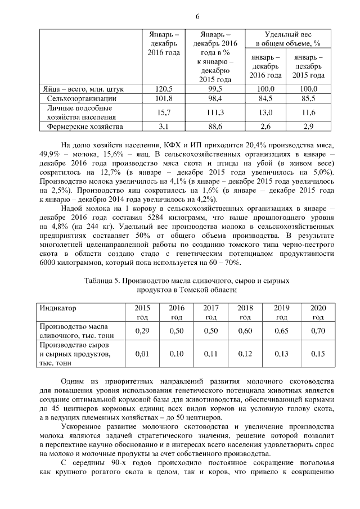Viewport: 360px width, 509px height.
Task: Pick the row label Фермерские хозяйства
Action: pyautogui.click(x=84, y=126)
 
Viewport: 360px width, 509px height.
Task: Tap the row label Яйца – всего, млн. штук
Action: pyautogui.click(x=83, y=89)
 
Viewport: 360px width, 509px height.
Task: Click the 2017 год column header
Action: pyautogui.click(x=211, y=312)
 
